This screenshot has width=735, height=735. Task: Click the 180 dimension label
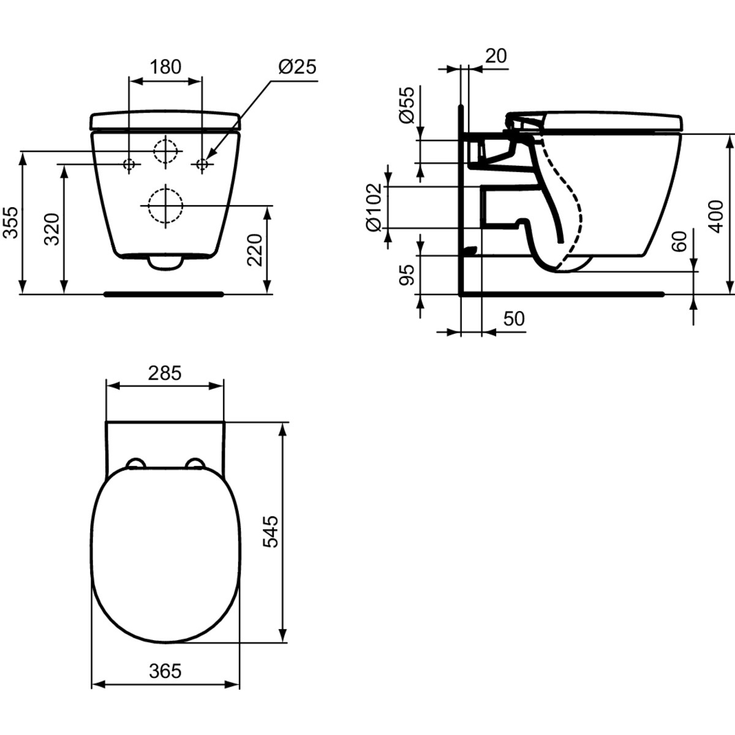click(x=165, y=67)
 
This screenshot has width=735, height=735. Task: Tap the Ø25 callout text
click(x=298, y=67)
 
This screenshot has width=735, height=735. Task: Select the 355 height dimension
click(x=10, y=223)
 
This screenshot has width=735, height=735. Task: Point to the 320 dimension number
click(x=52, y=229)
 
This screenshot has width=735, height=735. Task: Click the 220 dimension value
click(x=255, y=250)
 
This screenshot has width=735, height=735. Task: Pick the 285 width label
click(x=165, y=373)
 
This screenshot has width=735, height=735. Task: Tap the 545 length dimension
click(x=271, y=532)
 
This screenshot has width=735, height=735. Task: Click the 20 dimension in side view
click(x=496, y=56)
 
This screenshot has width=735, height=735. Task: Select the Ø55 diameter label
click(x=407, y=105)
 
